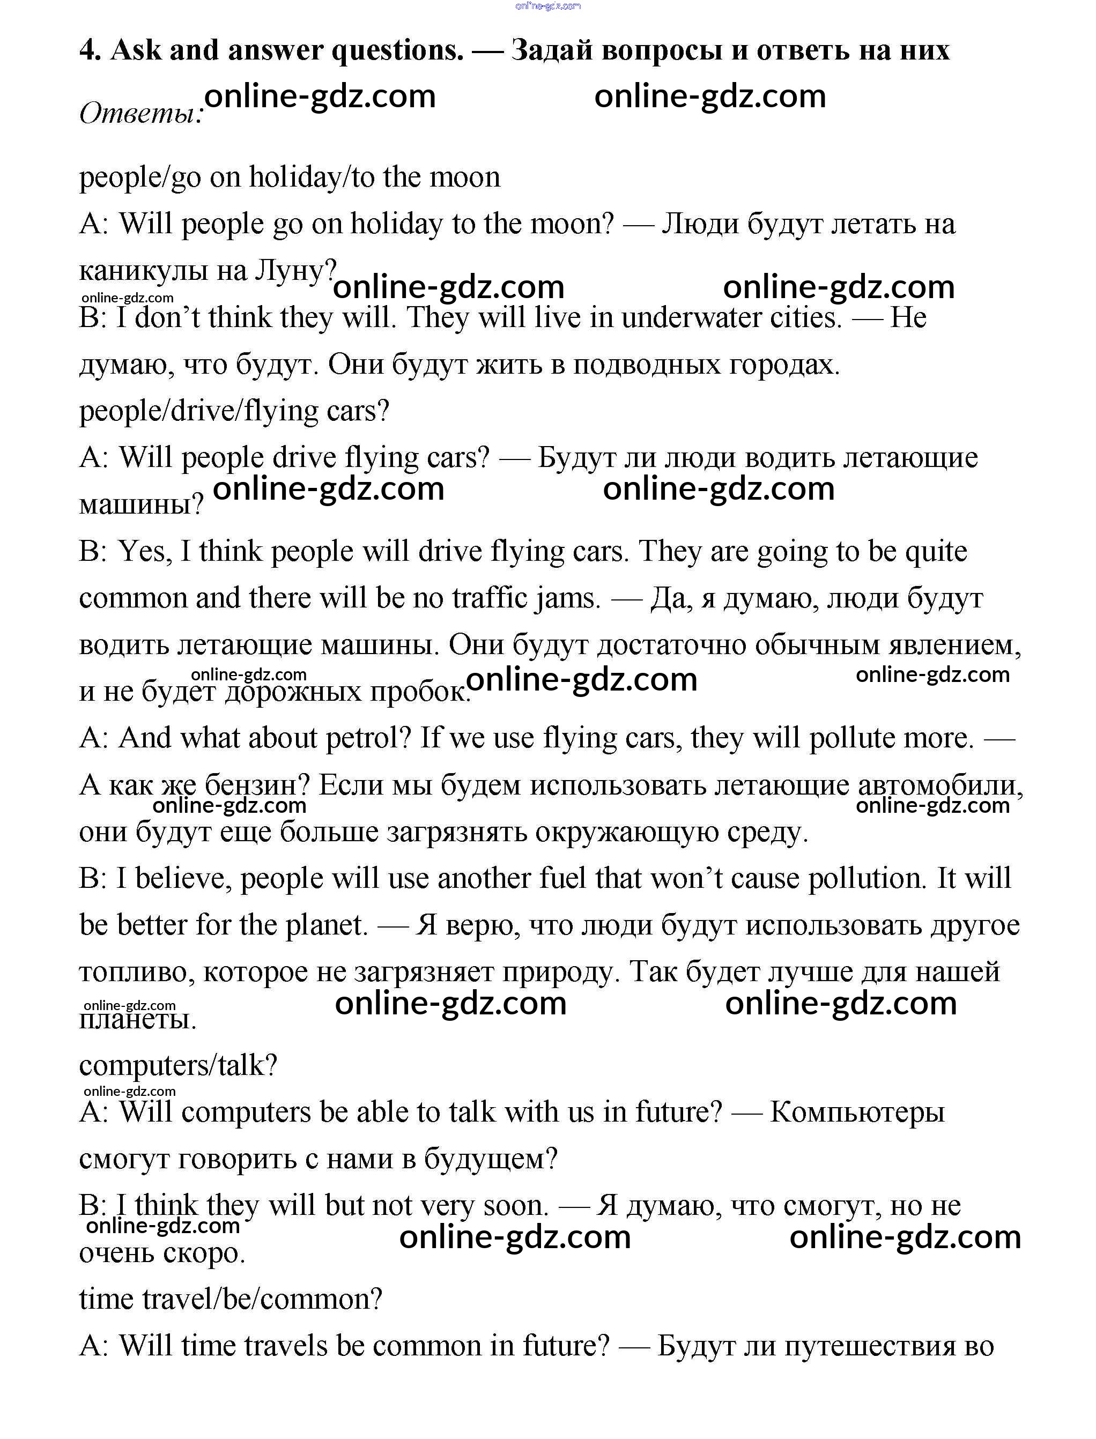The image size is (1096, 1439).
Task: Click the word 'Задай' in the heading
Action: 551,49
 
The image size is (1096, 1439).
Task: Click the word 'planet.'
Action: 327,925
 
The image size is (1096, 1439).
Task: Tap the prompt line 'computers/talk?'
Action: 178,1066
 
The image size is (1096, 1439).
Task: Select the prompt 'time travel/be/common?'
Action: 230,1300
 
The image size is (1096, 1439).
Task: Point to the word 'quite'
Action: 936,551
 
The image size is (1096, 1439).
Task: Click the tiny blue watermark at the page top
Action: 547,6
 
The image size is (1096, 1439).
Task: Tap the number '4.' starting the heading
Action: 90,49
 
